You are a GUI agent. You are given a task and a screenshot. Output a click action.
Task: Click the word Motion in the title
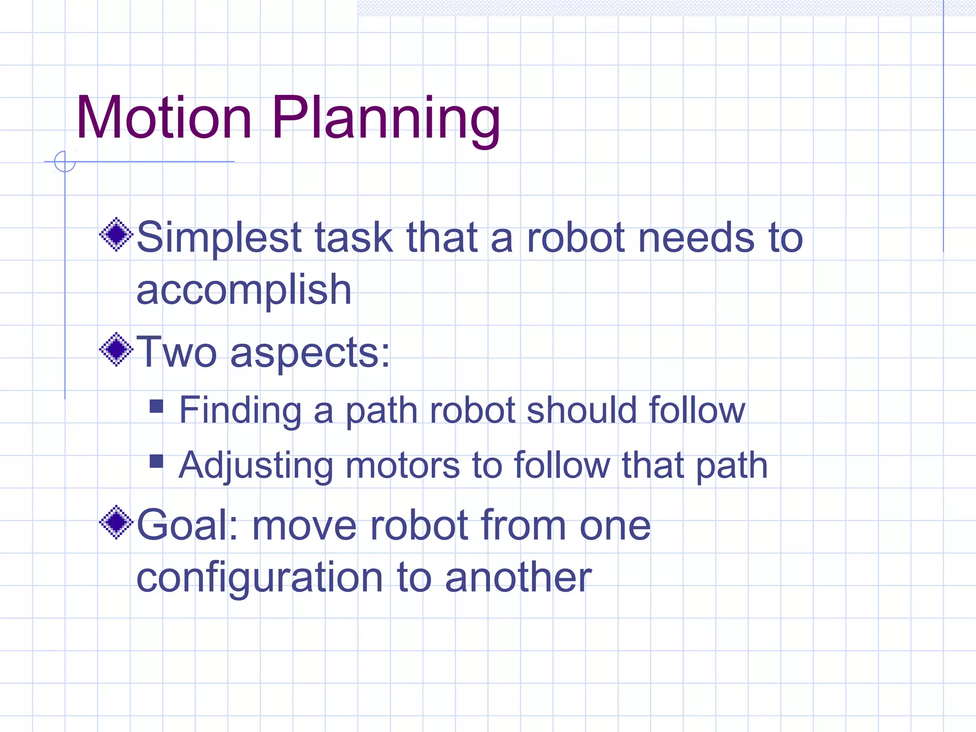coord(163,118)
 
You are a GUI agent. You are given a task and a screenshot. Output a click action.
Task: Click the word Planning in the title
coord(386,119)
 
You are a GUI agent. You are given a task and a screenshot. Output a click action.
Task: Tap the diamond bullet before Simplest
coord(116,234)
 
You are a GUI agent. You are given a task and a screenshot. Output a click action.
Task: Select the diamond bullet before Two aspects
coord(116,350)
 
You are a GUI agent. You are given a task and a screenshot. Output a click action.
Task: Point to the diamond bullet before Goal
coord(116,522)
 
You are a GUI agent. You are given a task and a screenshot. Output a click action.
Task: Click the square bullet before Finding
coord(156,406)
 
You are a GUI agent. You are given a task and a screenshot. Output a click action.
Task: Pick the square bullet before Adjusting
coord(156,461)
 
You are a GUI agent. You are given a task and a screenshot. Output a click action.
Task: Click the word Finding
coord(240,410)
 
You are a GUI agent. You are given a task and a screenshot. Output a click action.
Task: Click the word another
coord(518,578)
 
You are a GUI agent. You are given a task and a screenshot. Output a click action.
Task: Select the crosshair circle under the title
coord(65,162)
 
